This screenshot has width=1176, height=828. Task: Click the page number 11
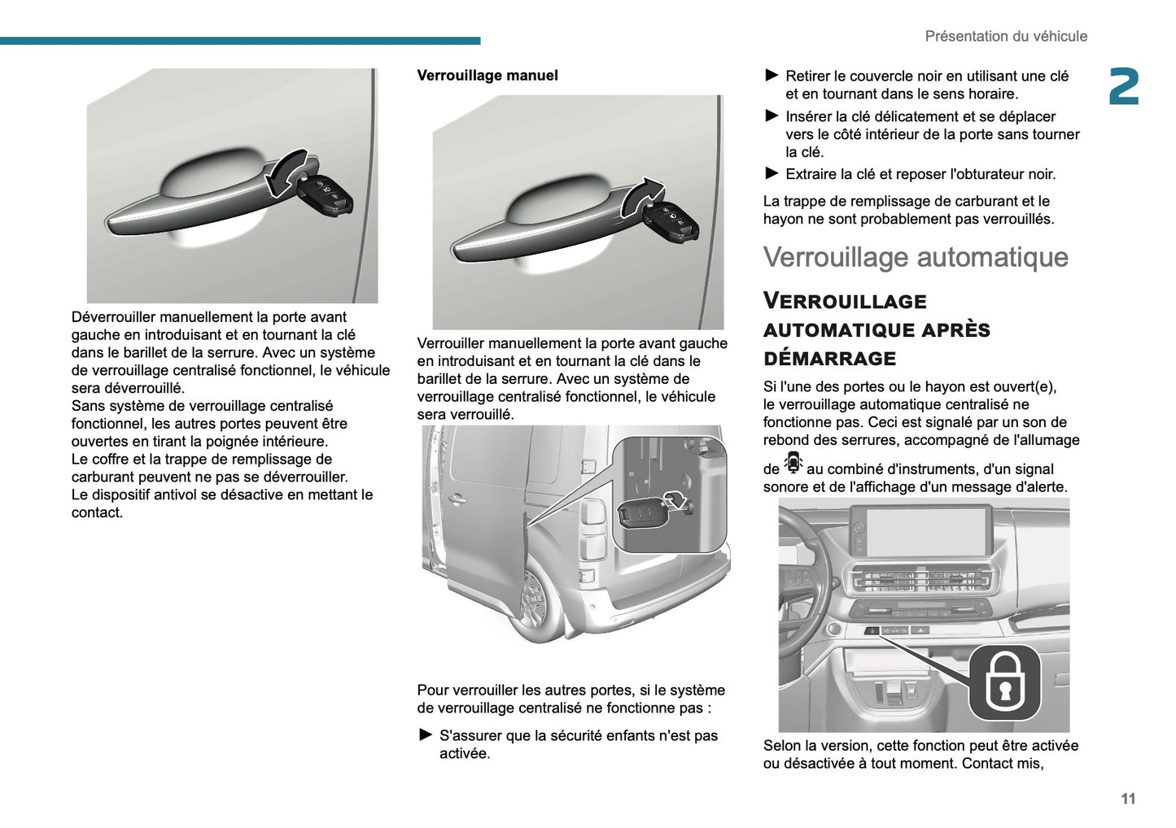[1127, 799]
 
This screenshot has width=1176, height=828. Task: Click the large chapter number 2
[1124, 87]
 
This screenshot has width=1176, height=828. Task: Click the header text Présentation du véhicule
[1005, 37]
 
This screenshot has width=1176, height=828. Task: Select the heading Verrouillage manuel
[487, 76]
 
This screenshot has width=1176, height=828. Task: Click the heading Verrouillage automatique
[916, 257]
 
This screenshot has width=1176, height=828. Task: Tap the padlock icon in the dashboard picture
[1004, 682]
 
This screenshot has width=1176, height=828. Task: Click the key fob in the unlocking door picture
[326, 195]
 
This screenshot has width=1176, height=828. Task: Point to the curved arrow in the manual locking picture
[641, 197]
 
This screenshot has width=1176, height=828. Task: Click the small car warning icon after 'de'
[793, 464]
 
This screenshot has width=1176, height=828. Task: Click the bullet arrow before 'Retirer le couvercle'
[772, 76]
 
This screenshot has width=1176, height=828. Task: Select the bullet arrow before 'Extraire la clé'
[772, 173]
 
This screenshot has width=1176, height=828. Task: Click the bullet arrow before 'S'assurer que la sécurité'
[426, 735]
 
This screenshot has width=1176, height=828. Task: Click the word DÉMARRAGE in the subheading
[829, 359]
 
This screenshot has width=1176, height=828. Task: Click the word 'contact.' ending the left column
[97, 513]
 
